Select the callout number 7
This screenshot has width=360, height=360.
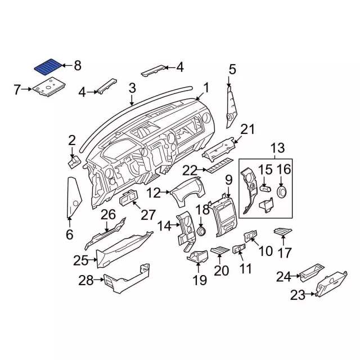17,89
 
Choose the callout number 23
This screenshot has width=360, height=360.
297,295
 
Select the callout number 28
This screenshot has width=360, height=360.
86,280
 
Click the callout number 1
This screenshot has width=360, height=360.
206,88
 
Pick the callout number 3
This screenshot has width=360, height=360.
132,88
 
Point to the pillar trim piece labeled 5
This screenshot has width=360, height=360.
231,107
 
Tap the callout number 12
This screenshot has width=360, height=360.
154,193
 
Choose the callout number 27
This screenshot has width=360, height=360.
148,214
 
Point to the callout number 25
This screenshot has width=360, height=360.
81,260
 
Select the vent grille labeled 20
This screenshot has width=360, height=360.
219,250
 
